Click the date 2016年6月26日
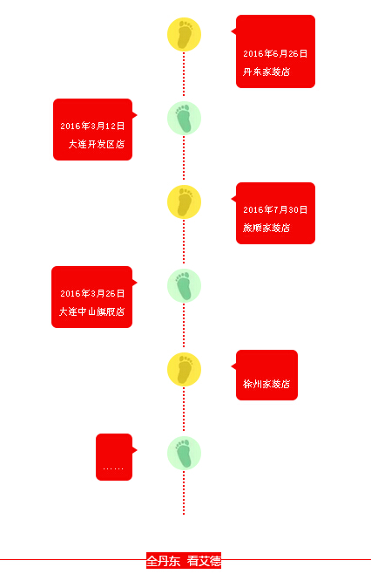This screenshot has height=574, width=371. (275, 53)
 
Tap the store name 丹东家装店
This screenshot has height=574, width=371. (266, 72)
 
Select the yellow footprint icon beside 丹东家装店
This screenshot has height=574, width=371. (185, 34)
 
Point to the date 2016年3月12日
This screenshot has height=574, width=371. (92, 126)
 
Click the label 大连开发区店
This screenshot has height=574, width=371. (97, 144)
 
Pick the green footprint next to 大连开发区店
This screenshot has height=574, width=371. (185, 119)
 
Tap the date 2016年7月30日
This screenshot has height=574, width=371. (275, 209)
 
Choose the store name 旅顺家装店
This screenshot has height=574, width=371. (266, 228)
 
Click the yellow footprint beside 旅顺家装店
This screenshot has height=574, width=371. (185, 202)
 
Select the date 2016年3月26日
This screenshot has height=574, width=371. (92, 293)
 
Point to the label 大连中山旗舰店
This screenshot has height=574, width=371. (92, 311)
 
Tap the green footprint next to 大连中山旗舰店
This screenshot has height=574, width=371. (185, 285)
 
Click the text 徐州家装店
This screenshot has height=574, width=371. (266, 384)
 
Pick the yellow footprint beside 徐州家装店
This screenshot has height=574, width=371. (185, 369)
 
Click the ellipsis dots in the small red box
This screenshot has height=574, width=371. (113, 468)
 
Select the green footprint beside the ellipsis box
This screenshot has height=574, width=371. (185, 454)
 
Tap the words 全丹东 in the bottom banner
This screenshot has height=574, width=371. (164, 560)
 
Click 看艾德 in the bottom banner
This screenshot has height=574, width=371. (204, 560)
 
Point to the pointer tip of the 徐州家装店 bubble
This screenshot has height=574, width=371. (232, 366)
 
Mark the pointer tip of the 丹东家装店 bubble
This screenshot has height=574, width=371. (232, 31)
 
